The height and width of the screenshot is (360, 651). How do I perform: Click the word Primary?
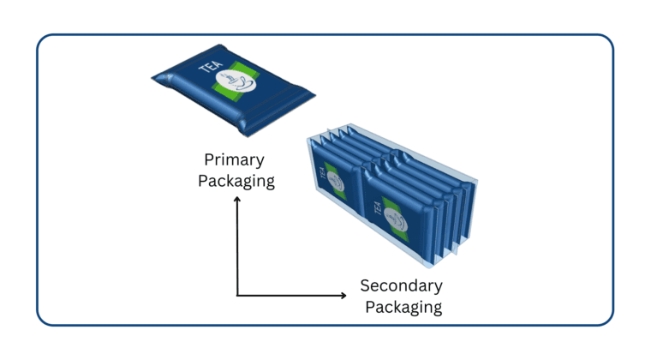coord(234,160)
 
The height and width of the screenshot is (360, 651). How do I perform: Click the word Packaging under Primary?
coord(236,181)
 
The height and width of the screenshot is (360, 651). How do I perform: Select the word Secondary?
coord(401,285)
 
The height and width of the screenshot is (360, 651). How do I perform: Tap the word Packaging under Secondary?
coord(401,306)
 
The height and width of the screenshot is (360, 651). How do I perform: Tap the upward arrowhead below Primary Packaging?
coord(237,201)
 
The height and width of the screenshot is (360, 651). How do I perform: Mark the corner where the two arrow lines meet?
coord(237,296)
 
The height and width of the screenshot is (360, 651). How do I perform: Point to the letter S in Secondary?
coord(365,285)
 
